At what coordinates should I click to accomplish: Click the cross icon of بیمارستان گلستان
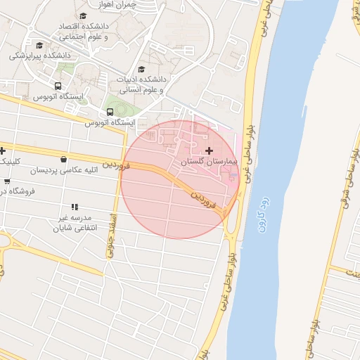[x=209, y=150]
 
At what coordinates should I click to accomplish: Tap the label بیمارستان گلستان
[x=209, y=162]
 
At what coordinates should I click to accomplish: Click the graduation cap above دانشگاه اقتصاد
[x=83, y=15]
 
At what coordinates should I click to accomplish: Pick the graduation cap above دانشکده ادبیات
[x=142, y=70]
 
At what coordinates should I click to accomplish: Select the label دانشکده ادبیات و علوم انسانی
[x=141, y=84]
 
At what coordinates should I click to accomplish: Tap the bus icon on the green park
[x=110, y=111]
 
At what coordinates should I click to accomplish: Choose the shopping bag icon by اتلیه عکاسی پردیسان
[x=65, y=159]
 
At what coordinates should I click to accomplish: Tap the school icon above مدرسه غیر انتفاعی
[x=75, y=206]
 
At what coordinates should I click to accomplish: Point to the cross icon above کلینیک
[x=4, y=150]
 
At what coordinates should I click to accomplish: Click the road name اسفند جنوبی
[x=111, y=233]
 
